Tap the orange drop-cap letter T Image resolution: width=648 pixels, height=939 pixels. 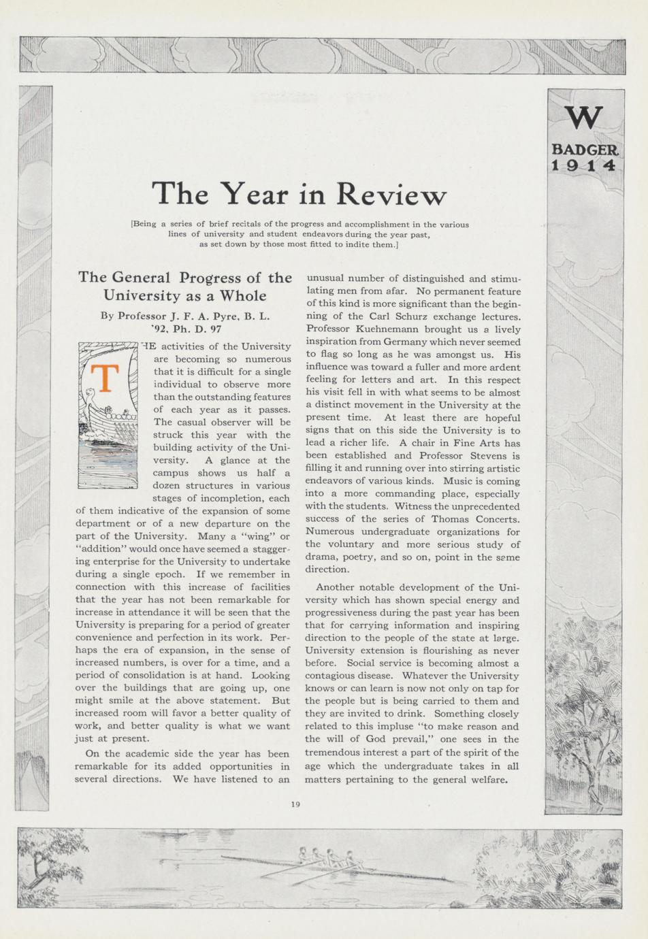105,378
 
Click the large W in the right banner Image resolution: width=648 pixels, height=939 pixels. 584,118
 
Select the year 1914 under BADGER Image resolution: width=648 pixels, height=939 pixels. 584,165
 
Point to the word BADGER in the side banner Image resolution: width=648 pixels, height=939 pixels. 584,149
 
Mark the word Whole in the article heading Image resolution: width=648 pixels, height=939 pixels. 242,296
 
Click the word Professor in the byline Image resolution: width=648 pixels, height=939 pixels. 142,316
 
